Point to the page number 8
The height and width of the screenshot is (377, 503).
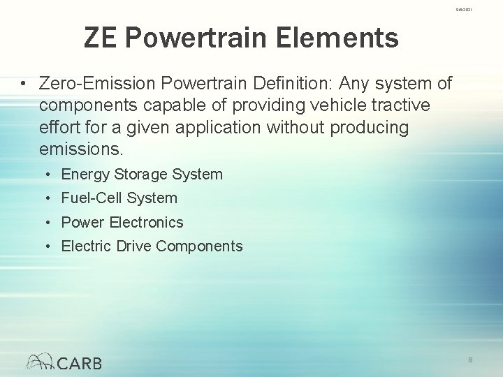tap(471, 359)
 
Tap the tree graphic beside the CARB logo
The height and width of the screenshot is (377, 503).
tap(41, 361)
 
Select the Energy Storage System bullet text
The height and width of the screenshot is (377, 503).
tap(142, 175)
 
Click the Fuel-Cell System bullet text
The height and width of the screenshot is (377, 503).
tap(119, 198)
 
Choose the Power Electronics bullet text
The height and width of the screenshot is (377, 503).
tap(122, 223)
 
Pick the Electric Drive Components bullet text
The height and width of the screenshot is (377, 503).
tap(152, 246)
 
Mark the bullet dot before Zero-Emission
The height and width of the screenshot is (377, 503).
tap(24, 85)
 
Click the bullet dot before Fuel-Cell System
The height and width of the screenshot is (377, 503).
tap(46, 199)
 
